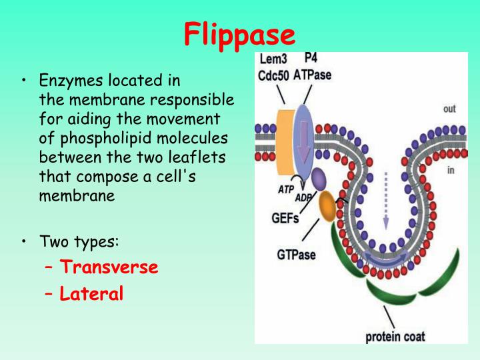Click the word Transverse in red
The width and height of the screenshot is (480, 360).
109,267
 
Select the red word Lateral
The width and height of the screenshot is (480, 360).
91,293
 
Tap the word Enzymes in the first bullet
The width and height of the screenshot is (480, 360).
67,81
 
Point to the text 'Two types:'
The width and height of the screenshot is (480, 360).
79,241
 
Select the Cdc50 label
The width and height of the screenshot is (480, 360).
273,75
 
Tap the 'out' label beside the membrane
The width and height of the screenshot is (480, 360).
449,108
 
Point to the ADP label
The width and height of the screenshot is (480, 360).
304,197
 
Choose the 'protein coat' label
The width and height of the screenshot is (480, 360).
395,336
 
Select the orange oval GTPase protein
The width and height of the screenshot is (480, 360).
328,206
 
